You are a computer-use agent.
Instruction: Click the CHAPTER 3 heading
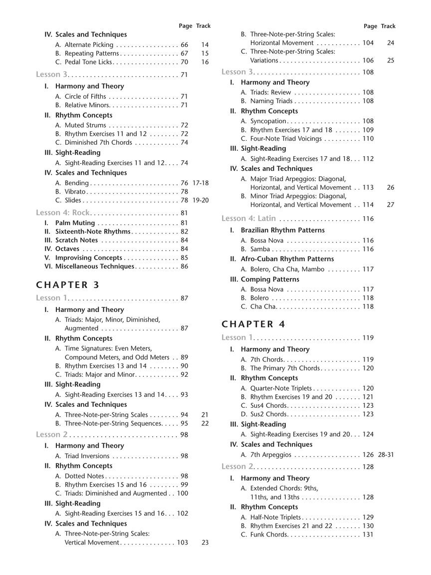68,285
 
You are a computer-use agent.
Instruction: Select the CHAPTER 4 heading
253,324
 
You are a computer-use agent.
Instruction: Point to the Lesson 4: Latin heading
248,219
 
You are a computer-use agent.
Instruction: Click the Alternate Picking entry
85,44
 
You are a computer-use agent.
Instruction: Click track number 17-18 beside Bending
201,183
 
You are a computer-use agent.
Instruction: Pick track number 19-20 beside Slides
201,200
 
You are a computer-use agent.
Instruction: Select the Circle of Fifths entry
85,96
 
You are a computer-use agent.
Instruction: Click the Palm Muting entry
75,223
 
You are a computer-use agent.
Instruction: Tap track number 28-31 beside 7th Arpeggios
386,455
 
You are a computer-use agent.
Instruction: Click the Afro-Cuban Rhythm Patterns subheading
287,259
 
